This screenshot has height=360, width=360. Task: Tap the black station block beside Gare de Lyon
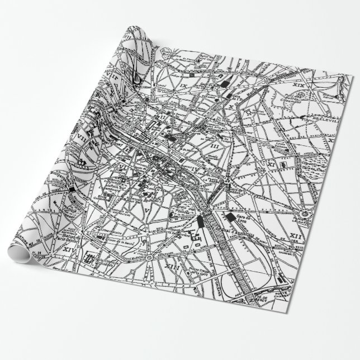(x=230, y=217)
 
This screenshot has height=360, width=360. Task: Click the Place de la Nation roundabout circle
(x=306, y=215)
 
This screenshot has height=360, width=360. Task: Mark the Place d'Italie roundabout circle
(x=150, y=257)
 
